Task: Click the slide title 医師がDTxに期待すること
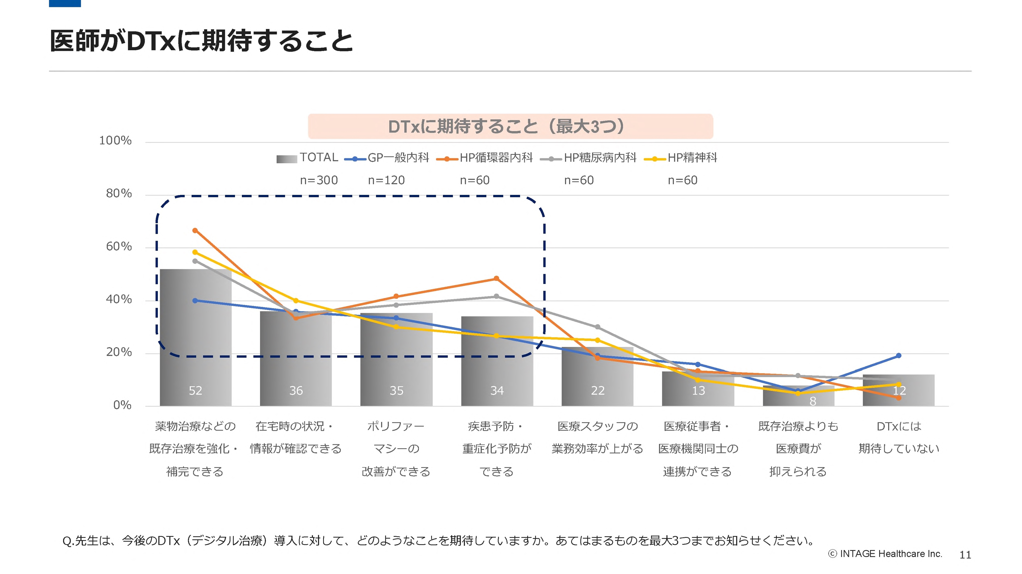pos(201,41)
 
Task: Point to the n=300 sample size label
pos(319,180)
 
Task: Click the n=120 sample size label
pos(386,180)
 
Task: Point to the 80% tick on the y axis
pos(119,194)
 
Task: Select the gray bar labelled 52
pos(196,337)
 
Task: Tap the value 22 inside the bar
pos(597,391)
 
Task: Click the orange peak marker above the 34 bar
pos(496,279)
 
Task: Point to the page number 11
pos(965,555)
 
